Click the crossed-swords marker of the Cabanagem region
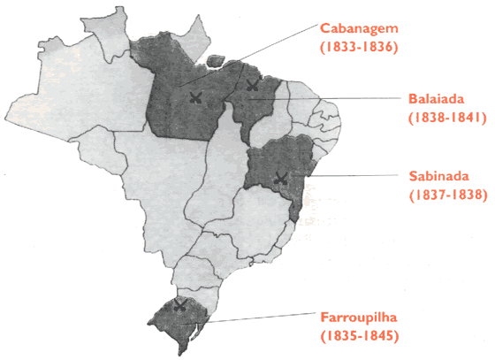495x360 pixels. [x=195, y=97]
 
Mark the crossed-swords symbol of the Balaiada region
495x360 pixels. [x=253, y=86]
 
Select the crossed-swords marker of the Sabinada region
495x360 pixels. [x=280, y=178]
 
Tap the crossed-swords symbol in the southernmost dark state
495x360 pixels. [x=180, y=306]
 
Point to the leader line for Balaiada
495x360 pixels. [x=336, y=101]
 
